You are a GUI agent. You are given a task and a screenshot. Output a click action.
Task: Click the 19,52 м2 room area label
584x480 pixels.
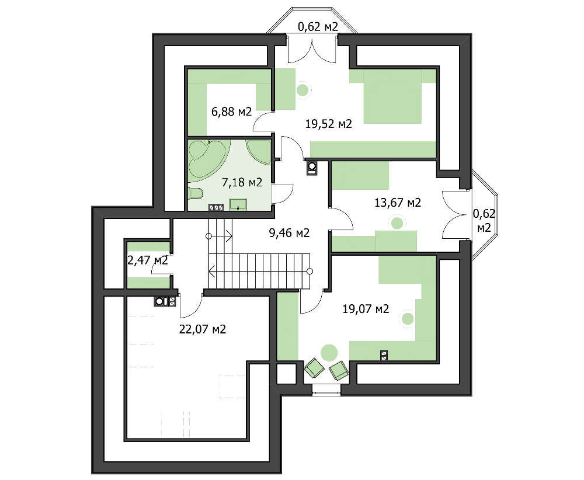[x=328, y=124]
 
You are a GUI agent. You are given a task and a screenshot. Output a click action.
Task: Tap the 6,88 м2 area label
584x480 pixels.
[x=231, y=112]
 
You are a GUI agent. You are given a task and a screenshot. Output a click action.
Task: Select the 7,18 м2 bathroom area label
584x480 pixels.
[x=242, y=182]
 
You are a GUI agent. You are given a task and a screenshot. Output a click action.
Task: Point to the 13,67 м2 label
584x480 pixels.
[x=397, y=203]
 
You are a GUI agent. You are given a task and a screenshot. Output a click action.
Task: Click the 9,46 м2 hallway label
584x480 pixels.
[x=289, y=233]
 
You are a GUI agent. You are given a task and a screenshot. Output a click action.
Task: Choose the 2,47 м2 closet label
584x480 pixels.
[x=148, y=260]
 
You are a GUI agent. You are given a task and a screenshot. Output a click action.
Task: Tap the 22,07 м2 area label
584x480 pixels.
[x=202, y=329]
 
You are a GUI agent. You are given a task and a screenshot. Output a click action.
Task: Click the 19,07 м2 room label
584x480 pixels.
[x=366, y=309]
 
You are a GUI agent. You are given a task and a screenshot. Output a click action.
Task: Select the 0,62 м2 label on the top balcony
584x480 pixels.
[x=318, y=27]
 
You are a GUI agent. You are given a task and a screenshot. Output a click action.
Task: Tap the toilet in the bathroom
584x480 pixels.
[x=195, y=193]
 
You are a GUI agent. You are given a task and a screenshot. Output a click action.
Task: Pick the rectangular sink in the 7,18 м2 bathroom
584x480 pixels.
[x=238, y=204]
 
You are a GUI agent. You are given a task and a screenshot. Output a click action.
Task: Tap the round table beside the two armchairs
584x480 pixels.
[x=329, y=353]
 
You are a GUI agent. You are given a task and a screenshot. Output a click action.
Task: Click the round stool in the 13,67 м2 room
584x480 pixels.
[x=397, y=223]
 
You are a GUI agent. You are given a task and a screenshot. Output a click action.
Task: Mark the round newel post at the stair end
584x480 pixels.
[x=310, y=271]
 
